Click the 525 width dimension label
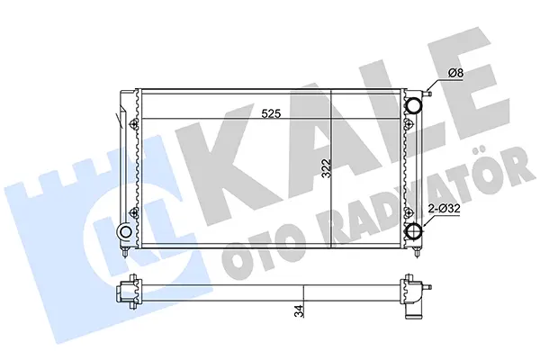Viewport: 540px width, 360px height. [x=271, y=113]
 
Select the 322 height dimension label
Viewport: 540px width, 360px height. [x=327, y=168]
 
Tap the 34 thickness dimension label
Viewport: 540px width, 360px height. [x=300, y=311]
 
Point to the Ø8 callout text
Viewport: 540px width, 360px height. [x=456, y=74]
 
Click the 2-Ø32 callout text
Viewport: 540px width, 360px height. [x=444, y=209]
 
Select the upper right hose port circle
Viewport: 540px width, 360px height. [x=413, y=104]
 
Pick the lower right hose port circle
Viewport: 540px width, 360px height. [x=413, y=231]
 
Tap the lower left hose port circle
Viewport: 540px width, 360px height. [x=125, y=231]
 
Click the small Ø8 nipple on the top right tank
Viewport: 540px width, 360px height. [x=427, y=94]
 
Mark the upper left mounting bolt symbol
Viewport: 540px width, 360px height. [x=135, y=123]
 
